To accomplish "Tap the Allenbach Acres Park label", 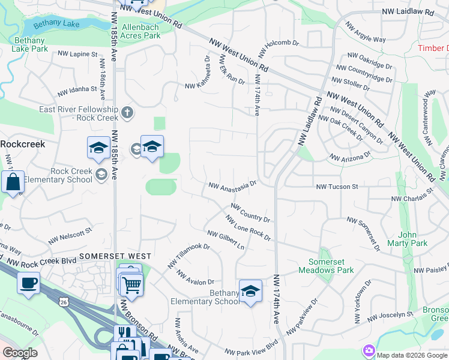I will point(141,31).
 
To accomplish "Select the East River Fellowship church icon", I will point(127,112).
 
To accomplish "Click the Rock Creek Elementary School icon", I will point(102,174).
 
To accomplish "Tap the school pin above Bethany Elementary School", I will point(250,291).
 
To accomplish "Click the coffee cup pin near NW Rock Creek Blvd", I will point(28,283).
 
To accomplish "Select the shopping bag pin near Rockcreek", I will point(13,182).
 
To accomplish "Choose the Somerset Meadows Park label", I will point(331,266).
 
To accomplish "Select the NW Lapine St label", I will point(77,54).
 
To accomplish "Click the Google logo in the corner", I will point(20,353).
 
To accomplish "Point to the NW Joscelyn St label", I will point(391,314).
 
